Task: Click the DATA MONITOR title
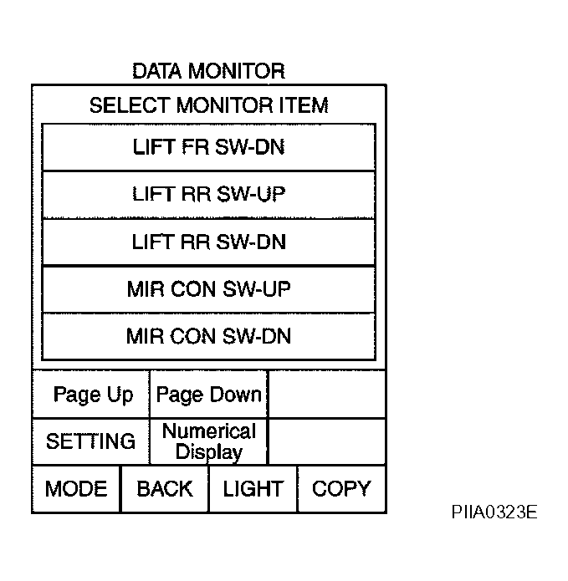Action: [209, 71]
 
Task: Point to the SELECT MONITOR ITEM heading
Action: [209, 105]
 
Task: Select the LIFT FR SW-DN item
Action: [209, 147]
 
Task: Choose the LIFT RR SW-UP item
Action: [209, 195]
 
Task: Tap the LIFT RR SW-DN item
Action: [209, 242]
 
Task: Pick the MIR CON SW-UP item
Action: [209, 289]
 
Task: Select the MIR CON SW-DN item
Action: [209, 336]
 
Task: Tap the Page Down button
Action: [208, 395]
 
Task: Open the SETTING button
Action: [91, 441]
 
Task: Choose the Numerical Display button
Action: [208, 441]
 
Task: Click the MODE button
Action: [76, 489]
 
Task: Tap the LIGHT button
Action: [253, 489]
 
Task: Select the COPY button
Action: [341, 489]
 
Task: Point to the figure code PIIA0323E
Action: [494, 512]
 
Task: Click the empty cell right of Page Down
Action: [326, 395]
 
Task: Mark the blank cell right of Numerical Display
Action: [326, 441]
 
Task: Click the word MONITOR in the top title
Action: [237, 71]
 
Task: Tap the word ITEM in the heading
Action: [304, 105]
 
